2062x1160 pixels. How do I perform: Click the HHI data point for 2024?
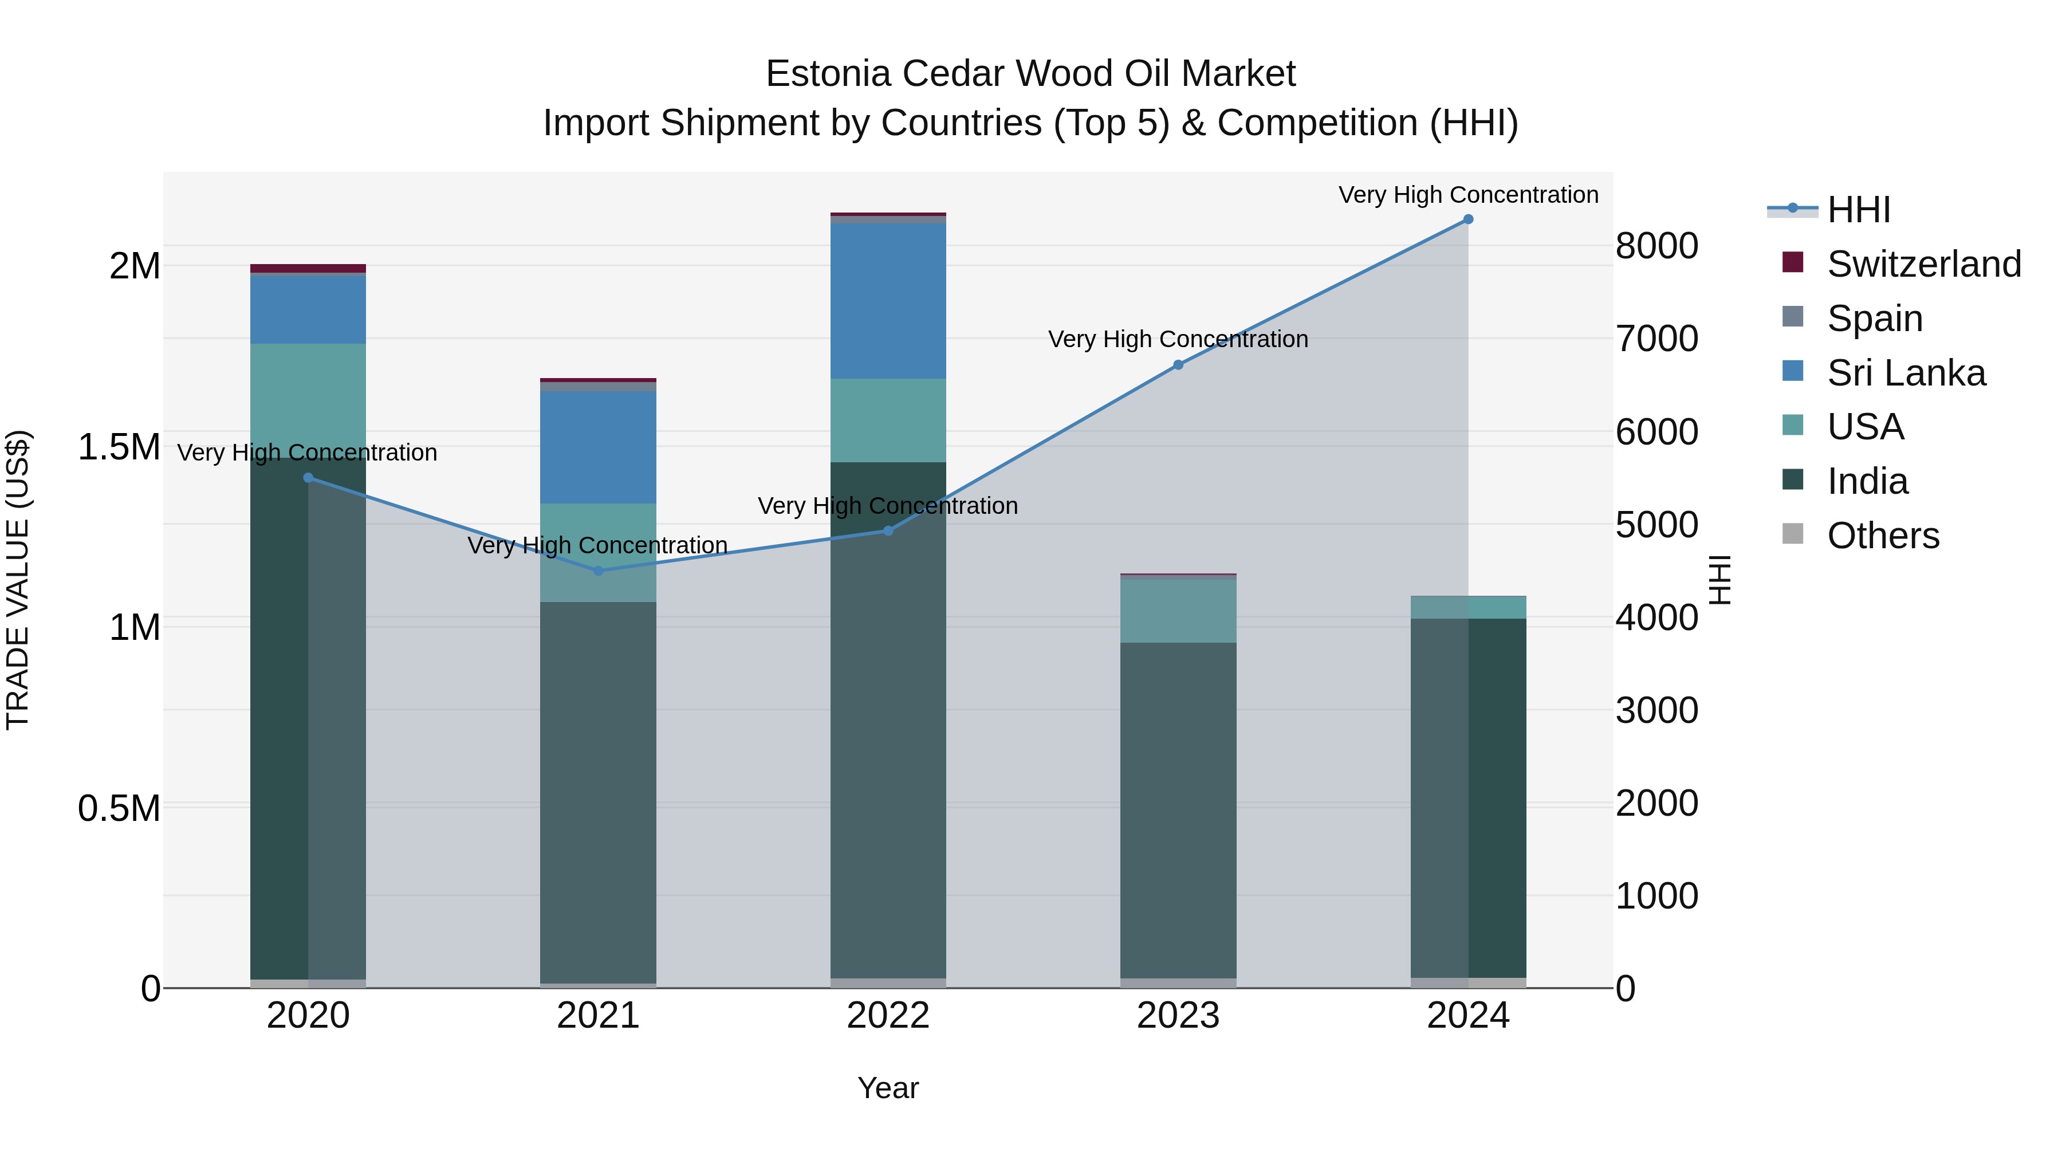pyautogui.click(x=1468, y=219)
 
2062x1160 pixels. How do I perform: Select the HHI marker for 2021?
pyautogui.click(x=598, y=571)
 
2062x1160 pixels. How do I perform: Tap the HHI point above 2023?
pyautogui.click(x=1178, y=365)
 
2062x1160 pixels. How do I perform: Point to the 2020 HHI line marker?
pyautogui.click(x=308, y=478)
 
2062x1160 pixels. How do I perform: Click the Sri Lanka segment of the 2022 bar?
pyautogui.click(x=888, y=301)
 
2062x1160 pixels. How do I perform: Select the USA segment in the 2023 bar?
pyautogui.click(x=1178, y=610)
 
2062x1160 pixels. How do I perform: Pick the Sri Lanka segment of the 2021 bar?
pyautogui.click(x=598, y=447)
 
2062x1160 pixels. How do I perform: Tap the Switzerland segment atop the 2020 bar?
pyautogui.click(x=308, y=268)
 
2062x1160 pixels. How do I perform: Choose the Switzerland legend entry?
pyautogui.click(x=1923, y=264)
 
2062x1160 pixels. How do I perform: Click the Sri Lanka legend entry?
pyautogui.click(x=1906, y=373)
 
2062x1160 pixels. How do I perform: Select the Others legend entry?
pyautogui.click(x=1883, y=536)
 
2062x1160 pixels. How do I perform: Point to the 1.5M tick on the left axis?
pyautogui.click(x=119, y=447)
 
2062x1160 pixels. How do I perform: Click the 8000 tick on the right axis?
pyautogui.click(x=1656, y=246)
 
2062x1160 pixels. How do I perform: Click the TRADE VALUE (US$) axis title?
pyautogui.click(x=18, y=580)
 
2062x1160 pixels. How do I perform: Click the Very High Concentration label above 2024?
pyautogui.click(x=1468, y=195)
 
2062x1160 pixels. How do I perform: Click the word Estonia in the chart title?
pyautogui.click(x=828, y=74)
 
